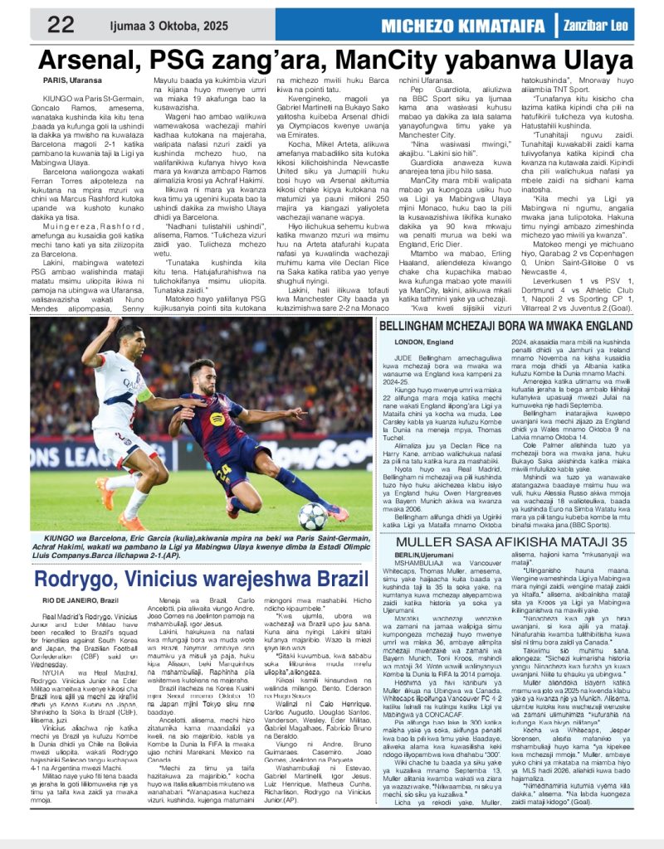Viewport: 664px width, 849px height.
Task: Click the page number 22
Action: [60, 24]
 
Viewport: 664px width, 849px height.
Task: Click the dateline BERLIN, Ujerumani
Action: [427, 555]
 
